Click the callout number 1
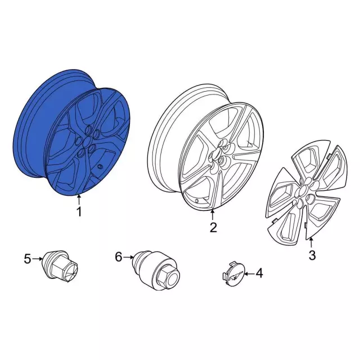pyautogui.click(x=79, y=211)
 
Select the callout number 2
pyautogui.click(x=213, y=227)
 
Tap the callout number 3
pyautogui.click(x=312, y=255)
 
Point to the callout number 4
pyautogui.click(x=259, y=273)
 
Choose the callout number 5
pyautogui.click(x=28, y=259)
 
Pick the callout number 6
pyautogui.click(x=119, y=257)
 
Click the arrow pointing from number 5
pyautogui.click(x=37, y=259)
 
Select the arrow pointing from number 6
pyautogui.click(x=128, y=258)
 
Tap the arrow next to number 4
pyautogui.click(x=249, y=273)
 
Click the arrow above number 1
pyautogui.click(x=79, y=199)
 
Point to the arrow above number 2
pyautogui.click(x=213, y=215)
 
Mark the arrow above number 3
pyautogui.click(x=311, y=243)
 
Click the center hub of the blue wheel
pyautogui.click(x=87, y=141)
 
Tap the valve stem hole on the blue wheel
pyautogui.click(x=100, y=166)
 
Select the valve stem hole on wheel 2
pyautogui.click(x=197, y=201)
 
